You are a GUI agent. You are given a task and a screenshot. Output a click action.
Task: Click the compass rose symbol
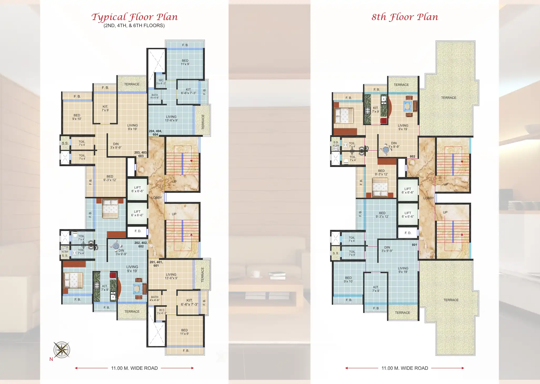62,350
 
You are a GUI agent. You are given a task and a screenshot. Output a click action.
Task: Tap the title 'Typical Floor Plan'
134,17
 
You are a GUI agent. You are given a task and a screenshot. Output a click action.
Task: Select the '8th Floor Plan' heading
405,17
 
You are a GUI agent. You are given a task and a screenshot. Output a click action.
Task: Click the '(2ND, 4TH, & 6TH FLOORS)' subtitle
134,26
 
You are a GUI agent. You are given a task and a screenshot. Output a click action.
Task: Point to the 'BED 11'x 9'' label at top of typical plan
185,62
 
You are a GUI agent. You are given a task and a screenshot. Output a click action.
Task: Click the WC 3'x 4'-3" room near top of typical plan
161,82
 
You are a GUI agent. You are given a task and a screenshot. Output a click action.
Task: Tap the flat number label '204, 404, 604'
155,133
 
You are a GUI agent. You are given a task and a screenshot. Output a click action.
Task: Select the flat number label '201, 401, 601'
156,264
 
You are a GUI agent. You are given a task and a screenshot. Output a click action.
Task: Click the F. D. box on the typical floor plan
138,231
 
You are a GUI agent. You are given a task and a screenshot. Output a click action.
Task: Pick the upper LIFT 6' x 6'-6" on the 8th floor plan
408,190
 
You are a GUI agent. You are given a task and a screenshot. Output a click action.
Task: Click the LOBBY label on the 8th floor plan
428,198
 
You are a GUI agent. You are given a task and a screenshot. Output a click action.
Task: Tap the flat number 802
412,156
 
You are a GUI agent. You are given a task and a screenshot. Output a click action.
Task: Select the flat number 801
414,245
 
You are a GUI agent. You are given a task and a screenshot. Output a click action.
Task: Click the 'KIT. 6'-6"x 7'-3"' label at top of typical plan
188,91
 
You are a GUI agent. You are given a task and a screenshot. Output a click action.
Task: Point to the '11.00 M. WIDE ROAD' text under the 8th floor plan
405,368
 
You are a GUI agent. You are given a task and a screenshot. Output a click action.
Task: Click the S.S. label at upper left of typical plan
65,143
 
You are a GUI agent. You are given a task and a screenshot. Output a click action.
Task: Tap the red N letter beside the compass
51,359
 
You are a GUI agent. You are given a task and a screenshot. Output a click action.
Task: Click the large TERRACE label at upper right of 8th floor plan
448,98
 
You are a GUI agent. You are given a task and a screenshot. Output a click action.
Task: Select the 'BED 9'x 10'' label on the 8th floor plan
348,279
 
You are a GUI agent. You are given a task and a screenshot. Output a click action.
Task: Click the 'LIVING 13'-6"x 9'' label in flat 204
171,118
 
